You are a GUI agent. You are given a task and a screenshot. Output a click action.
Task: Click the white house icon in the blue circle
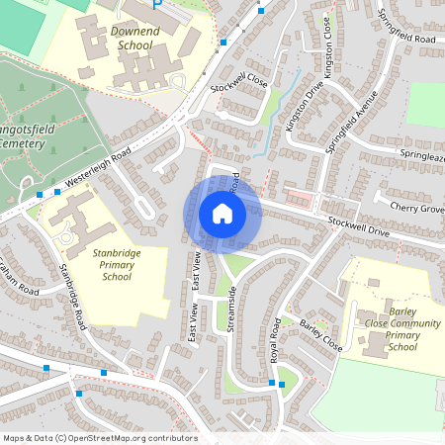click(x=222, y=213)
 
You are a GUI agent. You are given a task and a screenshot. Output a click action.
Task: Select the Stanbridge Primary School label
click(x=117, y=264)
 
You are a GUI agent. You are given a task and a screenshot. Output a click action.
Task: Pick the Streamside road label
click(x=231, y=310)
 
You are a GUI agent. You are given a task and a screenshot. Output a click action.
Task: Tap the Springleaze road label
click(x=422, y=155)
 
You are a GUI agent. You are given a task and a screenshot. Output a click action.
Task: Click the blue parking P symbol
click(x=156, y=6)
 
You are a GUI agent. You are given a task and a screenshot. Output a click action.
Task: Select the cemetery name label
click(x=22, y=135)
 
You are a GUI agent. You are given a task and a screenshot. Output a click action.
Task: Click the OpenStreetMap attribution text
click(x=100, y=438)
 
